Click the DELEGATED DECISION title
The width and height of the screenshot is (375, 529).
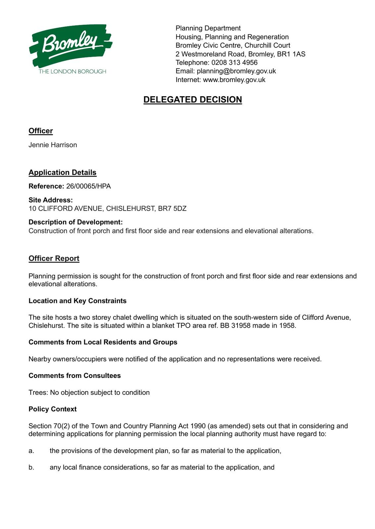click(x=192, y=100)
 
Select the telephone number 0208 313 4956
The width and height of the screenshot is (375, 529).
click(x=235, y=62)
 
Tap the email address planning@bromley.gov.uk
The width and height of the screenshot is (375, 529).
click(x=236, y=71)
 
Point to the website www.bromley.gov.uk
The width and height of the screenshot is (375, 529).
click(x=234, y=80)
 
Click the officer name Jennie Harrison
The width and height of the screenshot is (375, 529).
click(x=53, y=145)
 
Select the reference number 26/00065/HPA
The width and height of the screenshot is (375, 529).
click(x=88, y=186)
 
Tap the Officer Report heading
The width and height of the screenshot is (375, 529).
click(x=54, y=258)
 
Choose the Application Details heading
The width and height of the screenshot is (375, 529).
click(x=62, y=172)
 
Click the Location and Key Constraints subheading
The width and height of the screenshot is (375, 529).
click(x=78, y=301)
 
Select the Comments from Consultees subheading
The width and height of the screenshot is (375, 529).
click(x=75, y=376)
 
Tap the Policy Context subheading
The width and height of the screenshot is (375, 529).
click(x=52, y=409)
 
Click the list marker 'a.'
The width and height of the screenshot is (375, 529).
click(x=31, y=451)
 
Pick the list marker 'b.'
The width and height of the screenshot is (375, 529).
click(x=31, y=468)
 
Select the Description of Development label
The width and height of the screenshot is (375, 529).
click(x=76, y=222)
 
